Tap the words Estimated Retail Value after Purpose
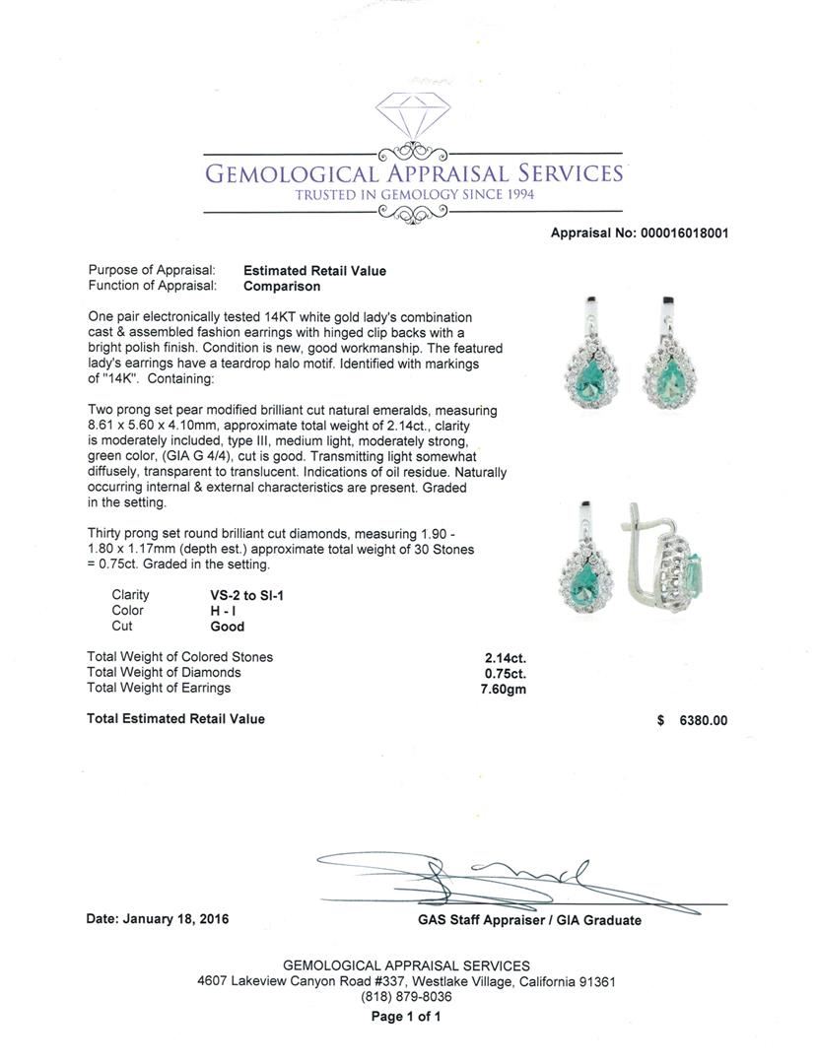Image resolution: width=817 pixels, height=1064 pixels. click(x=314, y=271)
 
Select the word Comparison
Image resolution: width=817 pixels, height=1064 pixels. click(x=282, y=287)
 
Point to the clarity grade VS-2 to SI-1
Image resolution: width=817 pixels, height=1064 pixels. click(x=240, y=595)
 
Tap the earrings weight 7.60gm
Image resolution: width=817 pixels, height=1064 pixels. click(x=503, y=689)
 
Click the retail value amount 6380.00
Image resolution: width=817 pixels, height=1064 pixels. click(x=704, y=720)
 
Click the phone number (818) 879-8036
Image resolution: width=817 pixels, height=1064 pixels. click(x=406, y=997)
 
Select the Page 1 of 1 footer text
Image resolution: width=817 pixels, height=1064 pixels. click(x=405, y=1018)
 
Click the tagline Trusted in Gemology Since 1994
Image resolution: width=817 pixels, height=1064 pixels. click(x=414, y=196)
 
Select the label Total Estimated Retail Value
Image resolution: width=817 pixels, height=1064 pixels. click(x=175, y=719)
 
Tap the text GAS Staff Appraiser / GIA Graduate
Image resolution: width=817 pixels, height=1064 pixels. click(x=529, y=920)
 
